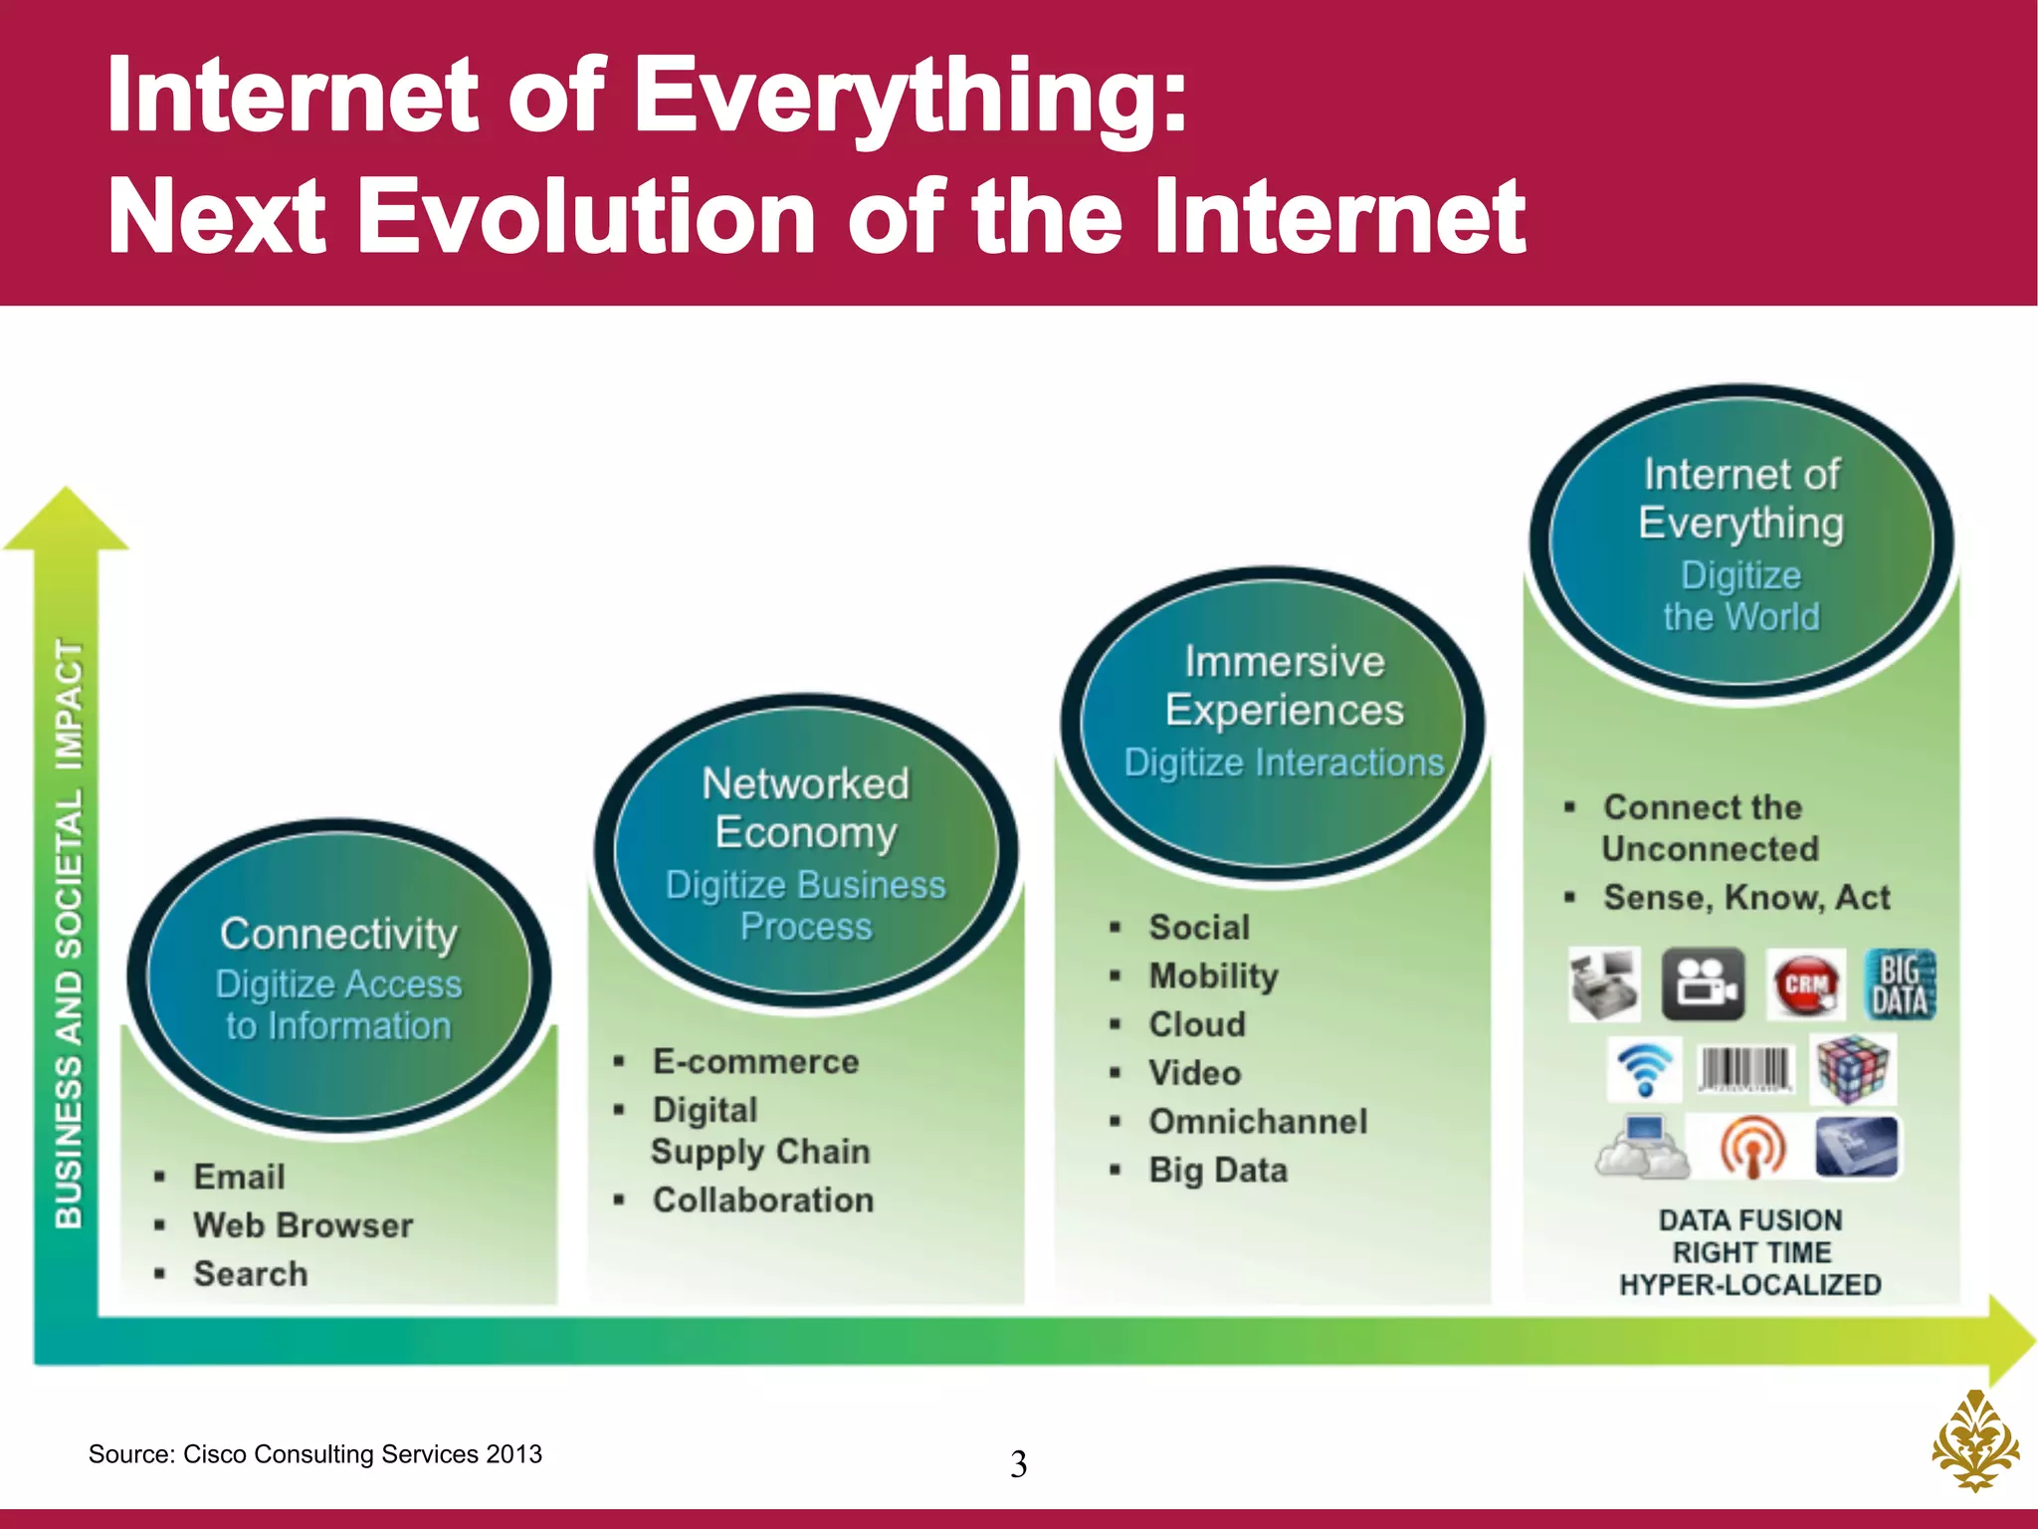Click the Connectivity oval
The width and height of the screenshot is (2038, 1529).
click(x=338, y=976)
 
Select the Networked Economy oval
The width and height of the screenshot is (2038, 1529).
click(x=806, y=851)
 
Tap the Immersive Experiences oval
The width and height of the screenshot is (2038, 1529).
click(x=1274, y=724)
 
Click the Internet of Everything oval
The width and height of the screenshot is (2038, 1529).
click(x=1741, y=543)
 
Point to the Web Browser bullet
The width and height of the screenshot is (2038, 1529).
click(x=303, y=1225)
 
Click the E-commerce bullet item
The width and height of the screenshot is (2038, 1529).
click(x=755, y=1062)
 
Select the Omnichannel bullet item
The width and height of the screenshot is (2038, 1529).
click(x=1258, y=1122)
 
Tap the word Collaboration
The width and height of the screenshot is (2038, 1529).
click(x=763, y=1201)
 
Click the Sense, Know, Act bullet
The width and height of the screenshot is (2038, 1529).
click(x=1746, y=898)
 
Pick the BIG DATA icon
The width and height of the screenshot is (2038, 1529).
click(x=1900, y=985)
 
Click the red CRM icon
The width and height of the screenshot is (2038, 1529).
click(x=1805, y=985)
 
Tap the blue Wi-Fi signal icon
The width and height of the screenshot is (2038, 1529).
click(x=1644, y=1069)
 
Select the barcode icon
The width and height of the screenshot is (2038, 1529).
click(x=1745, y=1069)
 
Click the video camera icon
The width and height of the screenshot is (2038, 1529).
click(x=1703, y=985)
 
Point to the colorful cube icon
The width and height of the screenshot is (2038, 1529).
click(x=1852, y=1069)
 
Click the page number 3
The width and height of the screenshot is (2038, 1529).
click(x=1018, y=1464)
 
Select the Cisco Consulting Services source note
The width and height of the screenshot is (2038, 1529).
click(x=315, y=1454)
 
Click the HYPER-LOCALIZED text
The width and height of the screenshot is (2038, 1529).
click(x=1750, y=1285)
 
